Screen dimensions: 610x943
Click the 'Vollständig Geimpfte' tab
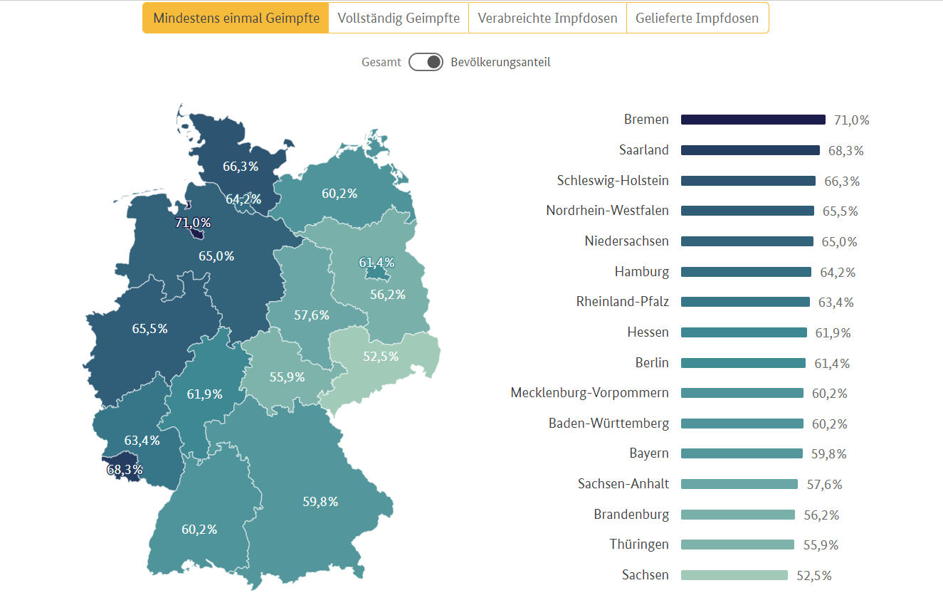pyautogui.click(x=399, y=18)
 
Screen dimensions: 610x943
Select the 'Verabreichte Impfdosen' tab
pyautogui.click(x=547, y=18)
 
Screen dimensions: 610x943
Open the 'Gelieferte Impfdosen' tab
pyautogui.click(x=697, y=18)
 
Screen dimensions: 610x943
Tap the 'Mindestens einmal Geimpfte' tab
pyautogui.click(x=236, y=18)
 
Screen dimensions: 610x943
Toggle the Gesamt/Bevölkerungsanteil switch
pyautogui.click(x=426, y=62)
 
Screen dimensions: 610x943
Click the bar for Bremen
pyautogui.click(x=753, y=120)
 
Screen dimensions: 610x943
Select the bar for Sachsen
pyautogui.click(x=734, y=575)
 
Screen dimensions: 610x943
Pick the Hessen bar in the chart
pyautogui.click(x=744, y=332)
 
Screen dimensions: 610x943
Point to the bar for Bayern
pyautogui.click(x=742, y=453)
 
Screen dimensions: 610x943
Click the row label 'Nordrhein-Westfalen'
pyautogui.click(x=607, y=211)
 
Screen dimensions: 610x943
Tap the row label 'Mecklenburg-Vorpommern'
pyautogui.click(x=589, y=393)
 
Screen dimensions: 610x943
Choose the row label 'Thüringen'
pyautogui.click(x=639, y=545)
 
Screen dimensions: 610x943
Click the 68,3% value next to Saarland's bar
pyautogui.click(x=845, y=151)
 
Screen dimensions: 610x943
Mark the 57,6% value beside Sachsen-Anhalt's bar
pyautogui.click(x=824, y=485)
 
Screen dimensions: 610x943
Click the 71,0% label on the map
pyautogui.click(x=193, y=223)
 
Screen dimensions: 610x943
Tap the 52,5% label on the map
pyautogui.click(x=381, y=357)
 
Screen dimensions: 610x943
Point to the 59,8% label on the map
pyautogui.click(x=320, y=502)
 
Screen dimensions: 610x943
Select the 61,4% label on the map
pyautogui.click(x=376, y=263)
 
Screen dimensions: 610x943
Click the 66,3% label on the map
pyautogui.click(x=241, y=167)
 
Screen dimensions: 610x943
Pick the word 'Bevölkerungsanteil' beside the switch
pyautogui.click(x=500, y=62)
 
